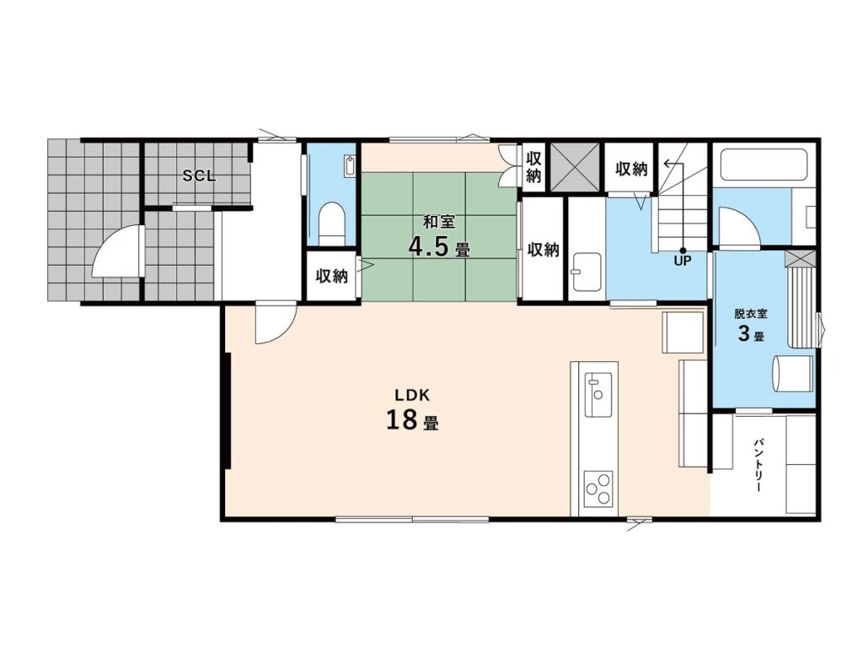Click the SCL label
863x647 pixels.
pyautogui.click(x=199, y=175)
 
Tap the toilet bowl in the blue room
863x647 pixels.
pyautogui.click(x=332, y=224)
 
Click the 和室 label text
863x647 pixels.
pyautogui.click(x=438, y=222)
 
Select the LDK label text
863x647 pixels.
pyautogui.click(x=411, y=395)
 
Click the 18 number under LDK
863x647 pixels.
pyautogui.click(x=402, y=420)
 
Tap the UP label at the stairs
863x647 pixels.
pyautogui.click(x=683, y=261)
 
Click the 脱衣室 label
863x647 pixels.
pyautogui.click(x=751, y=314)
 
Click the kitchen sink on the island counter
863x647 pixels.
pyautogui.click(x=598, y=395)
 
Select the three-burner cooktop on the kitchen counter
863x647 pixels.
pyautogui.click(x=598, y=488)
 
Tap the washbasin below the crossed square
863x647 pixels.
pyautogui.click(x=587, y=272)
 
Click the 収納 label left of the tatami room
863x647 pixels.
pyautogui.click(x=332, y=276)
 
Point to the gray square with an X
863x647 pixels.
pyautogui.click(x=575, y=167)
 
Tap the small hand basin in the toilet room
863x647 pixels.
pyautogui.click(x=351, y=165)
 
